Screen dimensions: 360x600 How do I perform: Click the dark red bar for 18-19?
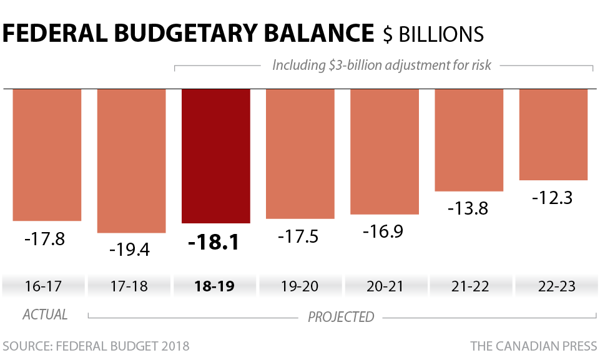(x=216, y=156)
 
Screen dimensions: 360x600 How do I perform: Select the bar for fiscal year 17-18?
(x=131, y=160)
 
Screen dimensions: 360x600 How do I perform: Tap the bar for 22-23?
(x=554, y=134)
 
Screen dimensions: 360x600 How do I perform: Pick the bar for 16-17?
(x=47, y=154)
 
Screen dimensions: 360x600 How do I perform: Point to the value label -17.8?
(x=44, y=239)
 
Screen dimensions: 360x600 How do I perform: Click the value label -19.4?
(x=129, y=251)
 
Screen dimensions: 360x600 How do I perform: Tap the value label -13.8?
(x=468, y=209)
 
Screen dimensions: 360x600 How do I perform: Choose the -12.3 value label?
(x=553, y=198)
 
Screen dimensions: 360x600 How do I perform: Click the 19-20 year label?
(x=300, y=286)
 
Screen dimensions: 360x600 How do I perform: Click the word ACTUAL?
(x=45, y=314)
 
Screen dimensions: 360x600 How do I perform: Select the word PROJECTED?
(x=341, y=317)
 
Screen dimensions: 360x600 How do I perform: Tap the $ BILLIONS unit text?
(x=433, y=34)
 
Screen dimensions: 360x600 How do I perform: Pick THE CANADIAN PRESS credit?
(x=533, y=346)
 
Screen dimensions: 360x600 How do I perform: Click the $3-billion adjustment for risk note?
(x=381, y=65)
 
